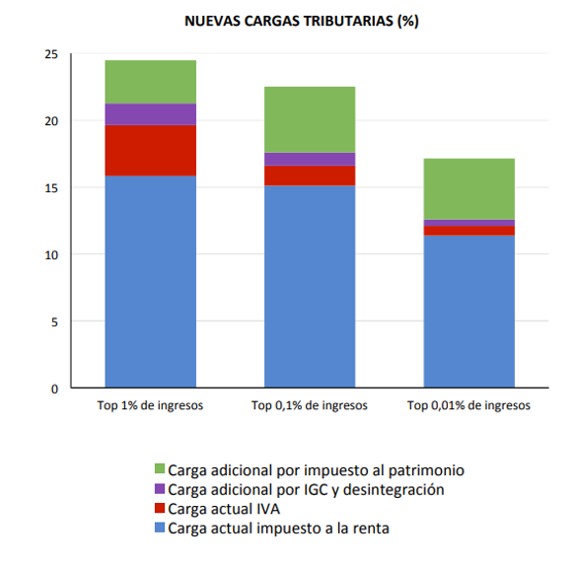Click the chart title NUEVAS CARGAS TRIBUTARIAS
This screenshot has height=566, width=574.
[x=301, y=21]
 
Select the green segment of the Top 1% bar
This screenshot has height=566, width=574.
[x=151, y=82]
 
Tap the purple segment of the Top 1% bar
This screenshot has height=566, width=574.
[x=151, y=114]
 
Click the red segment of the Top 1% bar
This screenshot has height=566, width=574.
[x=151, y=151]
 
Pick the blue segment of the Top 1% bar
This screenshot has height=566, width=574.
[x=151, y=282]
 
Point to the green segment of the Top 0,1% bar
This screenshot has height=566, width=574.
[x=310, y=119]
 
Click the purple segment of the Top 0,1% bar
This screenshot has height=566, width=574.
[x=310, y=160]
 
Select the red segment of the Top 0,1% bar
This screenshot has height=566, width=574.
[x=310, y=176]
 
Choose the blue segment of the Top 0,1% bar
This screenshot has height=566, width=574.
[x=310, y=286]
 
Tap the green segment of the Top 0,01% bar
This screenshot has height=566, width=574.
[x=468, y=189]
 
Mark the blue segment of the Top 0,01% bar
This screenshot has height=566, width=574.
[x=468, y=312]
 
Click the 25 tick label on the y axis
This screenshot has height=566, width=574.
[x=51, y=54]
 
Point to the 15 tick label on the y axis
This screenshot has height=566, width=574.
[x=51, y=188]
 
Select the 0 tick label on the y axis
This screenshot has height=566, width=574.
[x=54, y=389]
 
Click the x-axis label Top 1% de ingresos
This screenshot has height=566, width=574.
[x=150, y=405]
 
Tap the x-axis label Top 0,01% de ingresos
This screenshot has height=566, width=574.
[x=468, y=405]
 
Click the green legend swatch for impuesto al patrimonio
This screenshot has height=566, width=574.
[x=160, y=468]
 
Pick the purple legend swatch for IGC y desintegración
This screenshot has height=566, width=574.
[x=160, y=488]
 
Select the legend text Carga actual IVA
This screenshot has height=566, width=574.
[x=224, y=509]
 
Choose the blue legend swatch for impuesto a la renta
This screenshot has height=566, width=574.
[x=160, y=528]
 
